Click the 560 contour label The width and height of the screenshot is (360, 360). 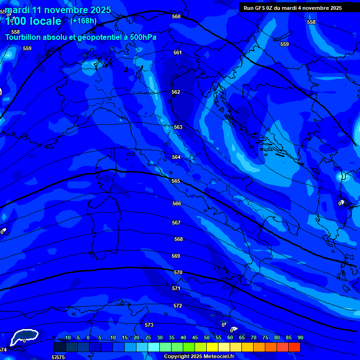176,16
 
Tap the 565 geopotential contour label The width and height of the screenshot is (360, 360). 176,181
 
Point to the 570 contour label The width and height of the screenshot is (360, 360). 178,272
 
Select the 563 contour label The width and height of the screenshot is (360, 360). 178,127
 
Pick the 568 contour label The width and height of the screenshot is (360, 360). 178,239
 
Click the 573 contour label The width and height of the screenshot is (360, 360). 149,325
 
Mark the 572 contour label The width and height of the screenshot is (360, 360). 178,306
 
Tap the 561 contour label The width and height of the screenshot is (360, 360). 177,52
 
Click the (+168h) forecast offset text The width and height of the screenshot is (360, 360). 83,21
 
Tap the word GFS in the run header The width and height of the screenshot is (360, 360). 260,8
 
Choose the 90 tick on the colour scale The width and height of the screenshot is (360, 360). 300,337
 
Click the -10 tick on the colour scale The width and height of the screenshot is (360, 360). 67,337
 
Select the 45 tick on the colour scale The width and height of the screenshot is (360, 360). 195,337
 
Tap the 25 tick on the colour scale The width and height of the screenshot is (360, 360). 148,337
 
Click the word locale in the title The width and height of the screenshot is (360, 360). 44,21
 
